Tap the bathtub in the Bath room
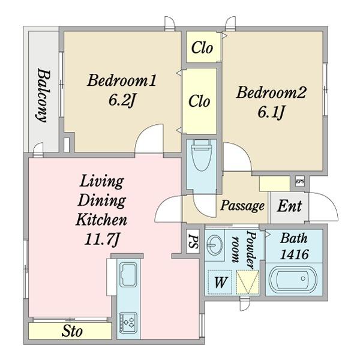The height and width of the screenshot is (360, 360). click(293, 280)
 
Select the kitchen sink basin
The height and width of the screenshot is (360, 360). click(128, 275)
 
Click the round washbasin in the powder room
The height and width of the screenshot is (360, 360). click(214, 245)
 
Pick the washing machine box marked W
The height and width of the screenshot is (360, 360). click(220, 282)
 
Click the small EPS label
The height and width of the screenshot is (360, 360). click(299, 181)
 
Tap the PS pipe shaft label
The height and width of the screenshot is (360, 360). click(193, 241)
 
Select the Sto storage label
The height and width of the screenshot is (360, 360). click(72, 331)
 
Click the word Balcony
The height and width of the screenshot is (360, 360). click(44, 95)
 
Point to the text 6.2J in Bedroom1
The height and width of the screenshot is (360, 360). click(122, 101)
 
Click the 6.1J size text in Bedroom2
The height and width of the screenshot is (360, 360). click(271, 113)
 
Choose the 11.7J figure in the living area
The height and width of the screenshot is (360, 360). click(101, 239)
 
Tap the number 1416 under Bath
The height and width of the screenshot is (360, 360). click(295, 254)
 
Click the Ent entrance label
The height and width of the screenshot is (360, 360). click(290, 206)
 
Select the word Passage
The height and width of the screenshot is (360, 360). click(242, 205)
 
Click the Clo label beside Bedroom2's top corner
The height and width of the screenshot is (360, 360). click(202, 48)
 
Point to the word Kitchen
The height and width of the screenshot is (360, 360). click(101, 220)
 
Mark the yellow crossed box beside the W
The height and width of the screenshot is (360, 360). click(248, 282)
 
